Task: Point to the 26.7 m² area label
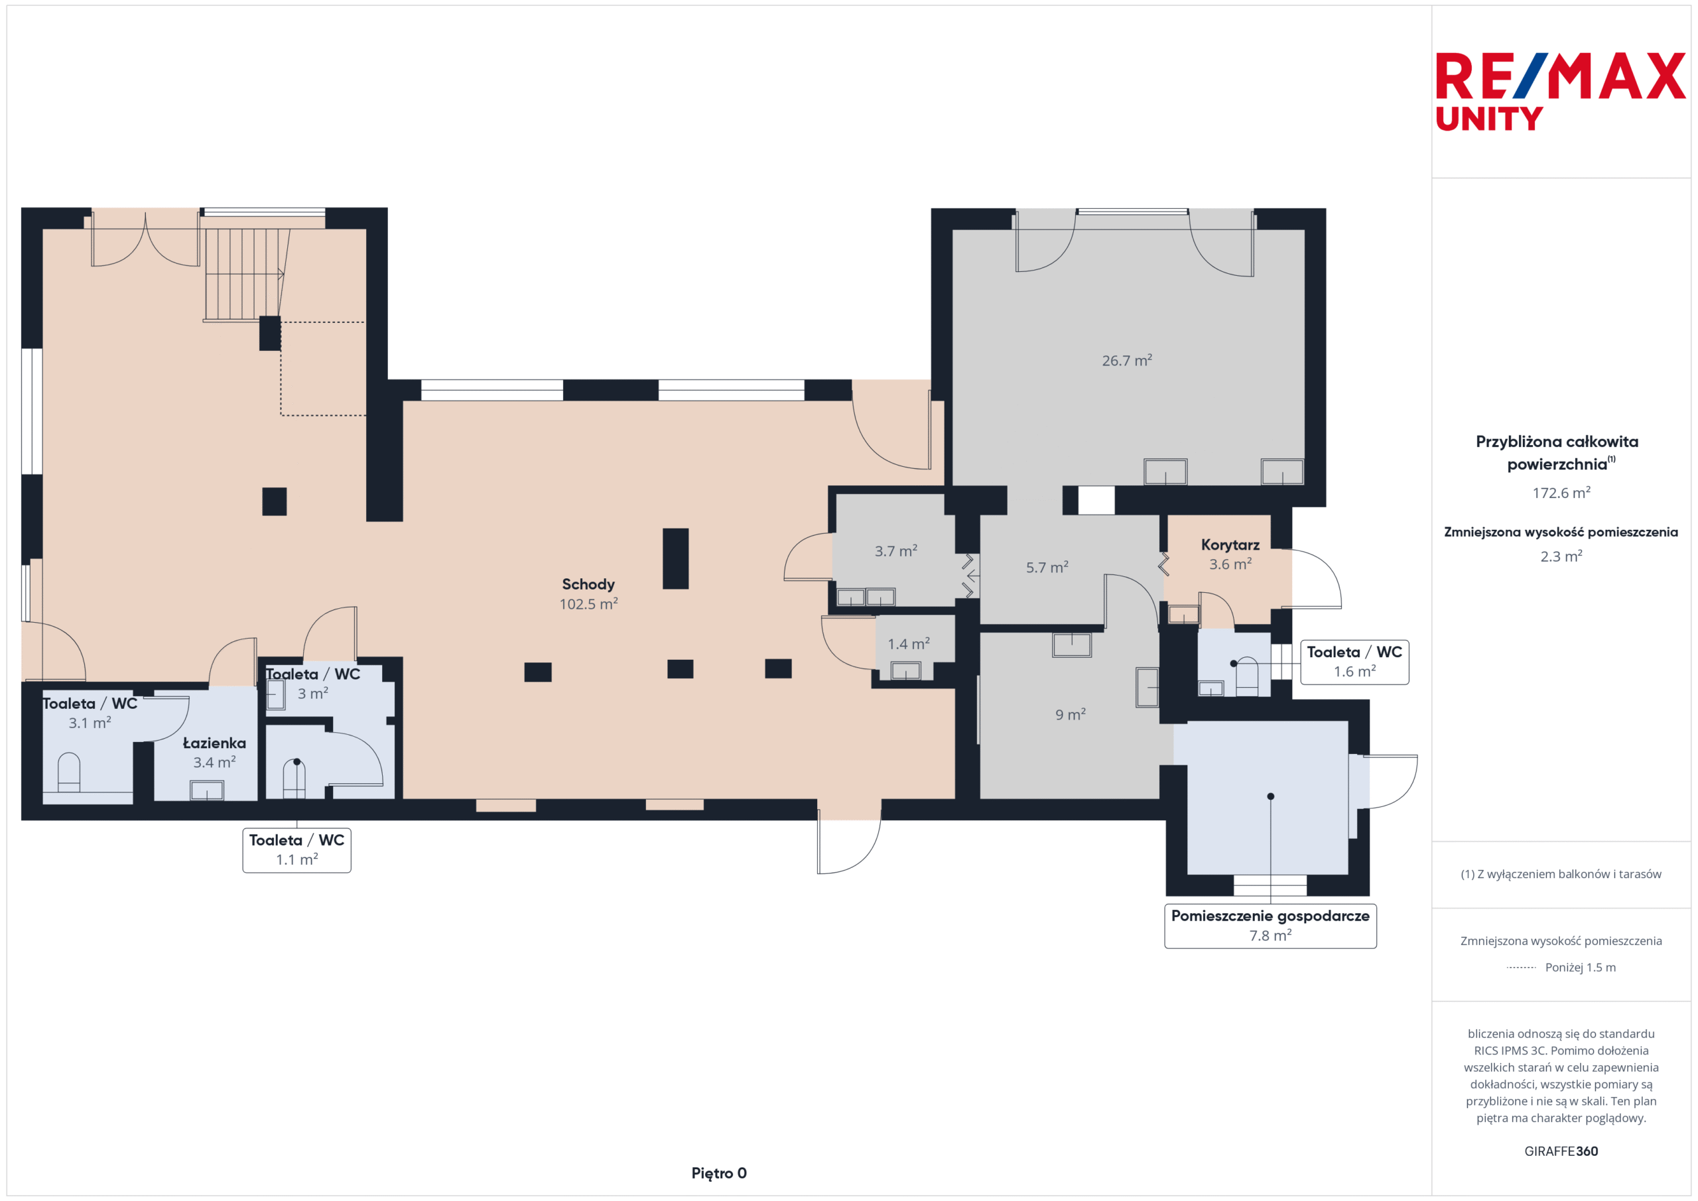pos(1126,360)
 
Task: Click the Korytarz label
pos(1230,545)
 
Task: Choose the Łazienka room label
pos(214,743)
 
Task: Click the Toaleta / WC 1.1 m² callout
pos(296,850)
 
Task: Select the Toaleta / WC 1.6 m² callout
pos(1354,662)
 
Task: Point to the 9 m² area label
pos(1070,714)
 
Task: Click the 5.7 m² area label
pos(1047,567)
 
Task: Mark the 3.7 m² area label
pos(895,551)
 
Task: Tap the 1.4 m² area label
pos(908,644)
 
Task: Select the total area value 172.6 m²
pos(1561,493)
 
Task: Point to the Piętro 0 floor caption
pos(719,1173)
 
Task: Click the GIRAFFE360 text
pos(1561,1151)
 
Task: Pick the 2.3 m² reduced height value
pos(1561,556)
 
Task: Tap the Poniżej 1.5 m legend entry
pos(1561,968)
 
